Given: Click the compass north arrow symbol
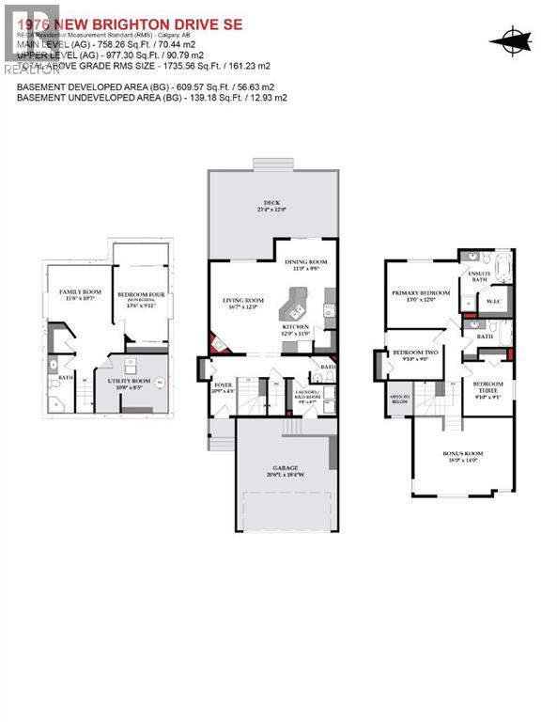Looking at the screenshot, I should pos(511,39).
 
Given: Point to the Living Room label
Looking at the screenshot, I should pos(240,302).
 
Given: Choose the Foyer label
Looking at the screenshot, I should pos(224,385).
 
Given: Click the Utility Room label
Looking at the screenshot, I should pos(128,375).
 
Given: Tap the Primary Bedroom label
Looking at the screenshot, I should pos(420,294).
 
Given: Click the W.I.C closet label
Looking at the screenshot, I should pos(491,301).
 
